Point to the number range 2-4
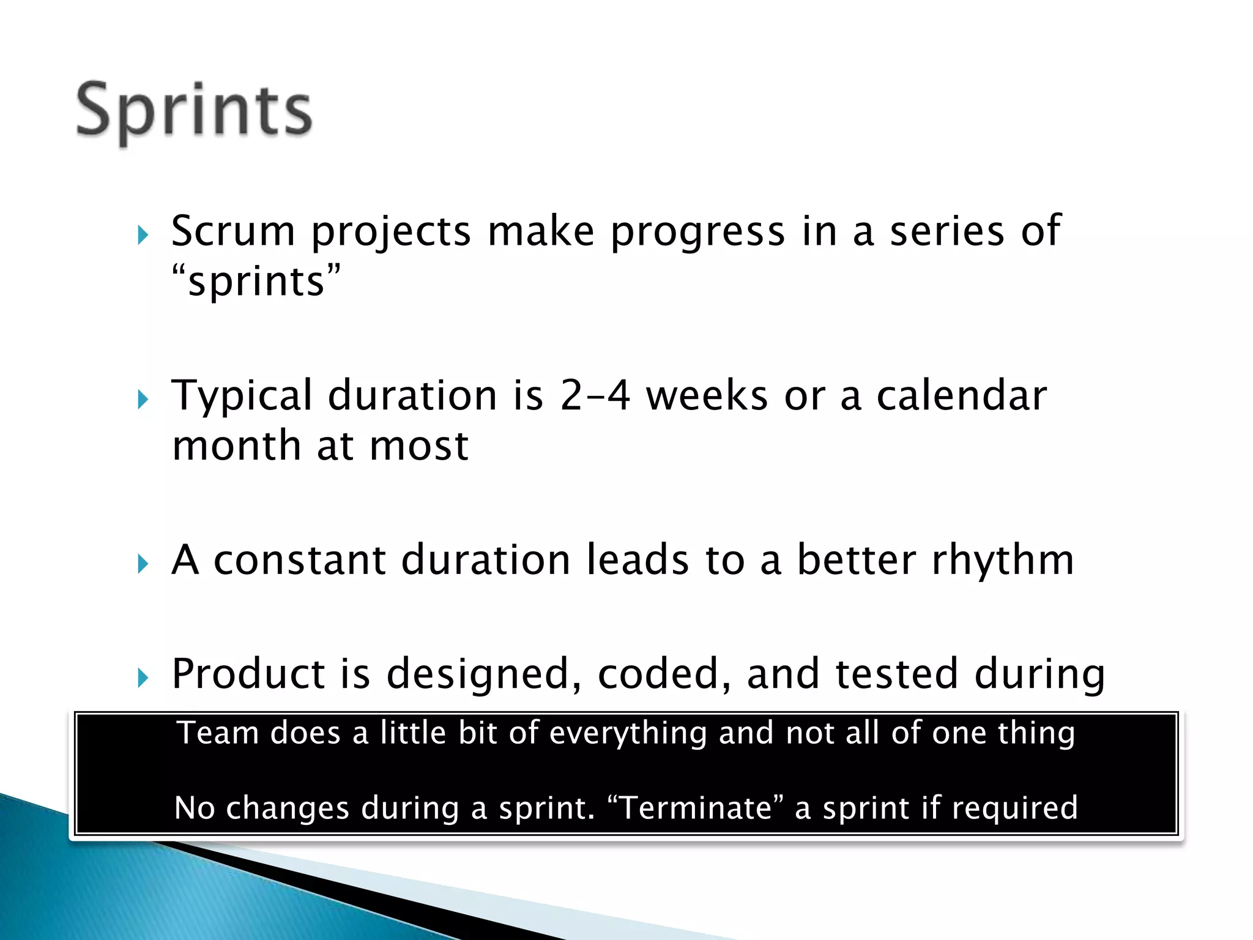[x=595, y=395]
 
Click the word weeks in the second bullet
[x=707, y=395]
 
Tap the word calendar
[x=961, y=395]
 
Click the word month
[x=236, y=446]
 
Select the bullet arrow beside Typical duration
[x=143, y=400]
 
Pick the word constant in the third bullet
[x=300, y=561]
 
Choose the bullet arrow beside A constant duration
[x=143, y=564]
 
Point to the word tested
[x=896, y=674]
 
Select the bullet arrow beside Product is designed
[x=143, y=677]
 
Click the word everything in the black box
[x=628, y=733]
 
